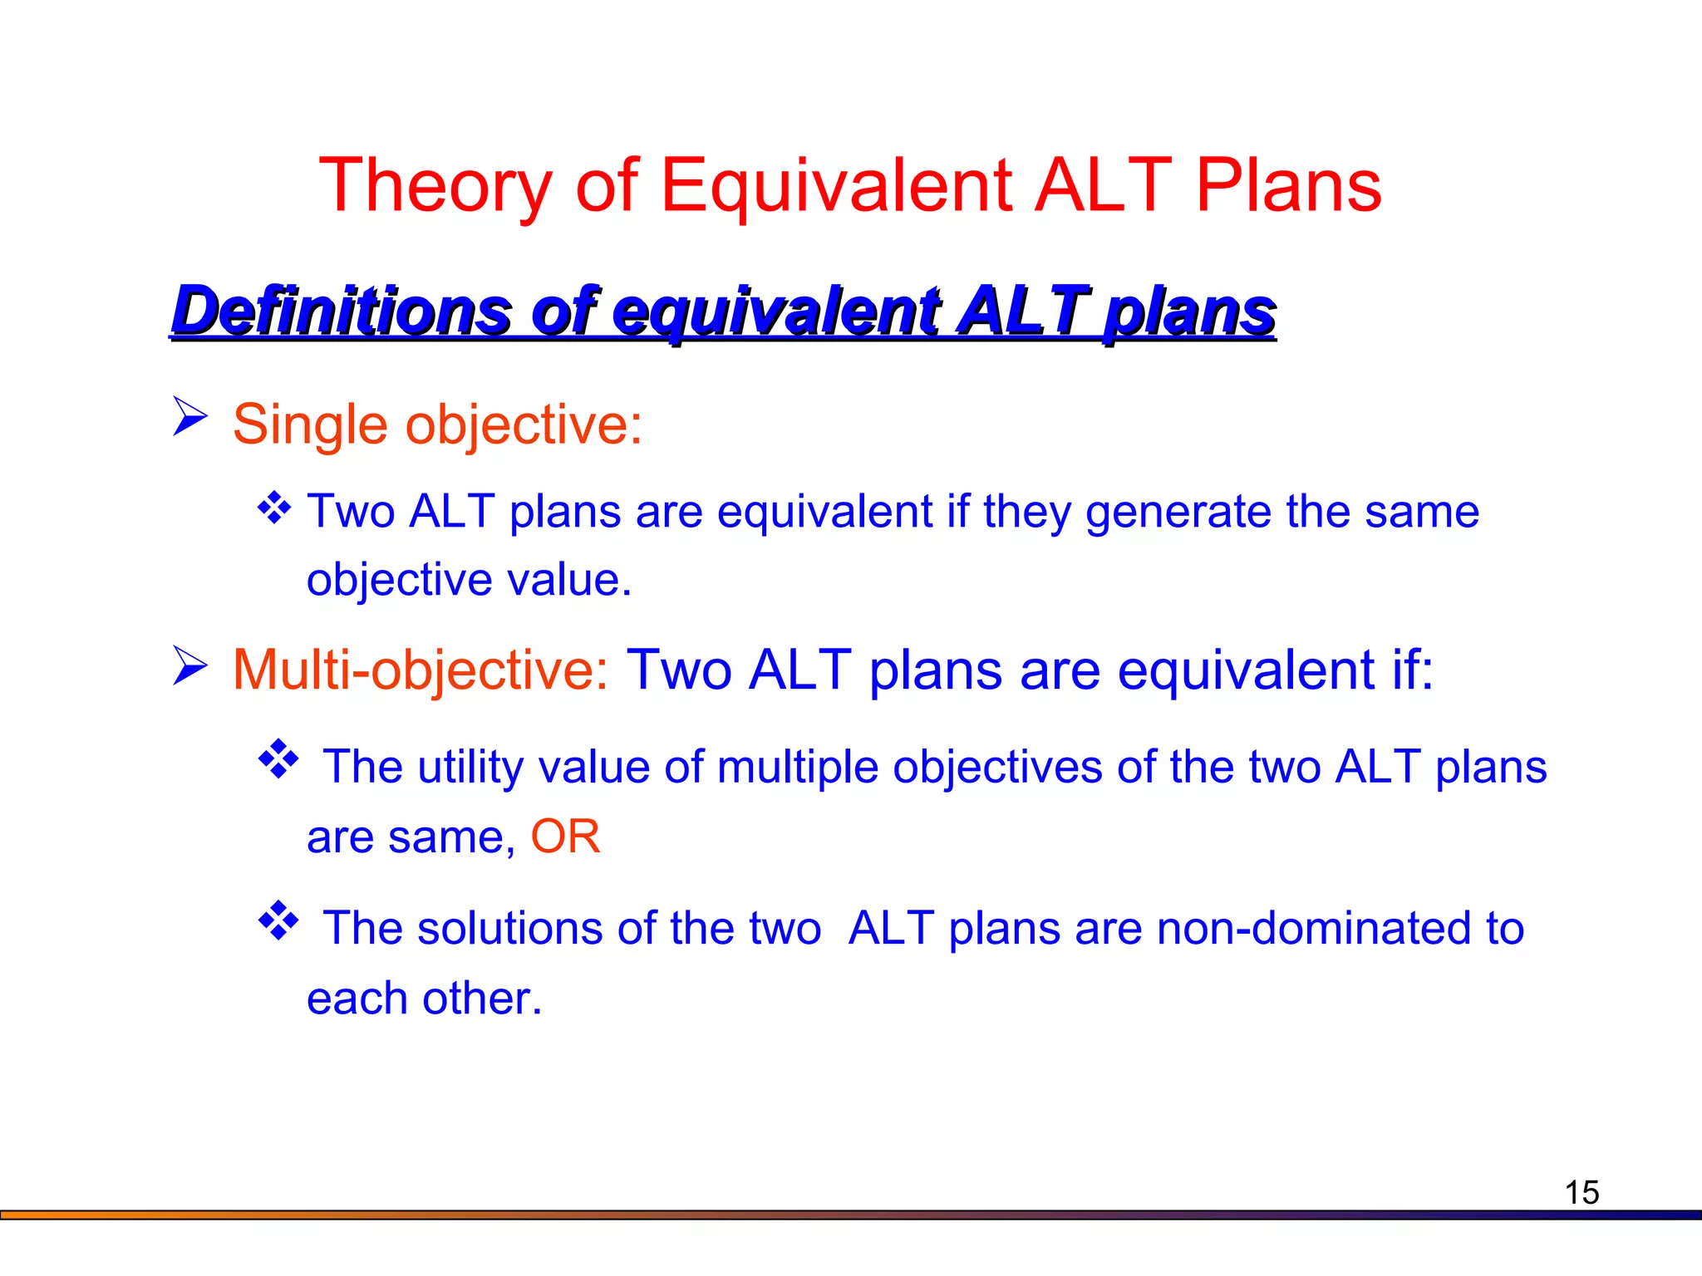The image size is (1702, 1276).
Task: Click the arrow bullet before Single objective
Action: click(x=189, y=416)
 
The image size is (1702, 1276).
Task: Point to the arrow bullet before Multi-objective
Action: click(x=189, y=665)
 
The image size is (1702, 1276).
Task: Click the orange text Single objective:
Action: click(x=437, y=425)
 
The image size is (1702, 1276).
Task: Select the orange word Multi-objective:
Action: click(x=421, y=670)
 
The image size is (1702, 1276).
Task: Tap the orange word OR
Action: click(x=565, y=837)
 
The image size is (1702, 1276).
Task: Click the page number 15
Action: click(x=1581, y=1193)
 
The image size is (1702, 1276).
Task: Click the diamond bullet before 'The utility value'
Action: click(x=278, y=758)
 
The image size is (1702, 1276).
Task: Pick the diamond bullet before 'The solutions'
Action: click(x=278, y=920)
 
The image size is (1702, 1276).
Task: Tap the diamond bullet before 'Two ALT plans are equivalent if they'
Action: click(x=274, y=508)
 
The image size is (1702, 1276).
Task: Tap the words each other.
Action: click(x=424, y=999)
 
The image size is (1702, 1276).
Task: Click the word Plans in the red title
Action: click(x=1288, y=187)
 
